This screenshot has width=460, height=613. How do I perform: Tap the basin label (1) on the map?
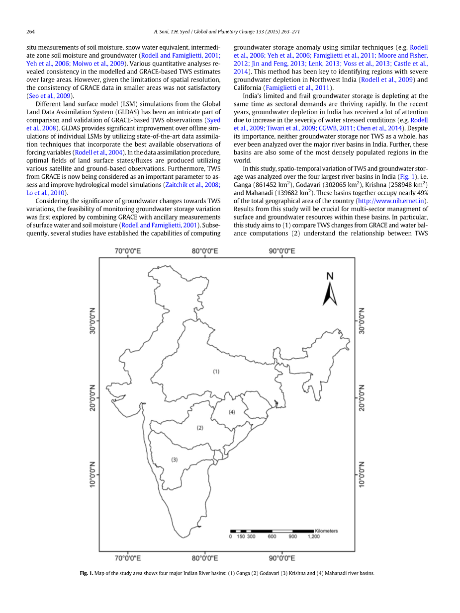click(216, 371)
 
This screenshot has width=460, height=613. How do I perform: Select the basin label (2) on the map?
click(200, 428)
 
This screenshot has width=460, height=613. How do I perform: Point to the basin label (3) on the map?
click(175, 460)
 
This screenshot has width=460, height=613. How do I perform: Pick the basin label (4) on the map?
click(232, 412)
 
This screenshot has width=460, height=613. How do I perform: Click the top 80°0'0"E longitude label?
click(205, 251)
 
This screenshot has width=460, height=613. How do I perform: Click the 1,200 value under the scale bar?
click(313, 536)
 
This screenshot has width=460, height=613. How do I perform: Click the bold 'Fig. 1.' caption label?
click(87, 573)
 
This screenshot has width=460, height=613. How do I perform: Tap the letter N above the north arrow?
click(330, 276)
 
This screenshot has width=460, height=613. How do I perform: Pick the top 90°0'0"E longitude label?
click(282, 251)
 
